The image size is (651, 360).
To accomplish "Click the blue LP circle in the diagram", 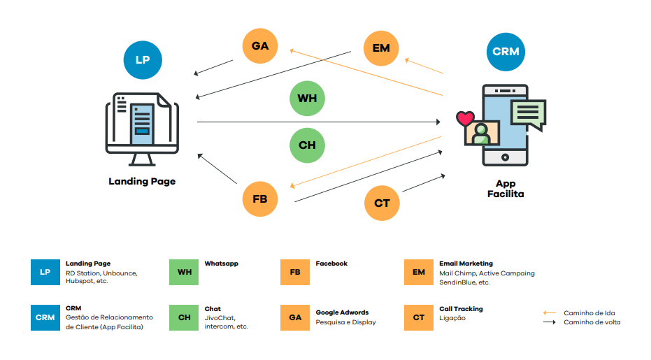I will (x=143, y=59).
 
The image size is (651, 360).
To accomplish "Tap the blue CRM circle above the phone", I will (x=506, y=52).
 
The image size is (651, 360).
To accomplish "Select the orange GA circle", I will (x=260, y=46).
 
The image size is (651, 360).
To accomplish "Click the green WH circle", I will (x=308, y=99).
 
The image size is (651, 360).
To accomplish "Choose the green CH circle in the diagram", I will (x=308, y=145).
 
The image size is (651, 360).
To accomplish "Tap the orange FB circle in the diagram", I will (x=260, y=199).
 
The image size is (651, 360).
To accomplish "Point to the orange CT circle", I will (x=382, y=203).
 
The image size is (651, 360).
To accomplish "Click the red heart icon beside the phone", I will (x=464, y=119).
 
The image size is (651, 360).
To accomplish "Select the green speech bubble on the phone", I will (x=528, y=113).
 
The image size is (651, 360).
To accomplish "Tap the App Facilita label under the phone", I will (x=505, y=189).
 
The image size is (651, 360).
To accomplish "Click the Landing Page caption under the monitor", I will (x=142, y=181).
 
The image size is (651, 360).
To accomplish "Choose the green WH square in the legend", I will (x=184, y=272).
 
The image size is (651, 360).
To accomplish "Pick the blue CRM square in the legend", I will (x=45, y=317).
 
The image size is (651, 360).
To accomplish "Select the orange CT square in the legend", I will (x=419, y=317).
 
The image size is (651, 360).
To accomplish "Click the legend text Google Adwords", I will (x=342, y=312).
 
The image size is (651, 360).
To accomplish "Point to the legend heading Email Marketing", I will (x=466, y=264).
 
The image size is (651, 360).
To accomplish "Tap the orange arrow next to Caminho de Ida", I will (x=550, y=312).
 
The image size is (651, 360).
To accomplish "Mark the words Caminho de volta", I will (x=592, y=322).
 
